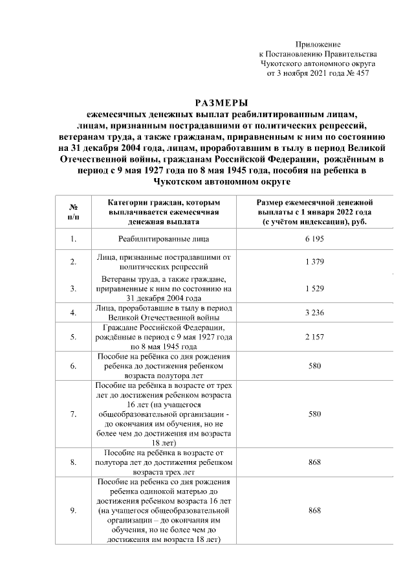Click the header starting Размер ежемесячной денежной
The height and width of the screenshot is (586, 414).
(314, 212)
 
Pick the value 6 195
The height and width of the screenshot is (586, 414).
(314, 239)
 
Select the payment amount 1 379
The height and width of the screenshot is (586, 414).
(314, 262)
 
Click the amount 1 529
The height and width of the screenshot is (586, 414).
(314, 288)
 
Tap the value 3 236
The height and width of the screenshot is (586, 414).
(314, 313)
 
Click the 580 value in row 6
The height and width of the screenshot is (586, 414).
(314, 366)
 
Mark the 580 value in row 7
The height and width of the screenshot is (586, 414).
(314, 413)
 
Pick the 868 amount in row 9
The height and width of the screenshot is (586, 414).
(314, 510)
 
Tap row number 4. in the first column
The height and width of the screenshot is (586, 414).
(73, 313)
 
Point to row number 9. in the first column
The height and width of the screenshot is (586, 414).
(73, 510)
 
